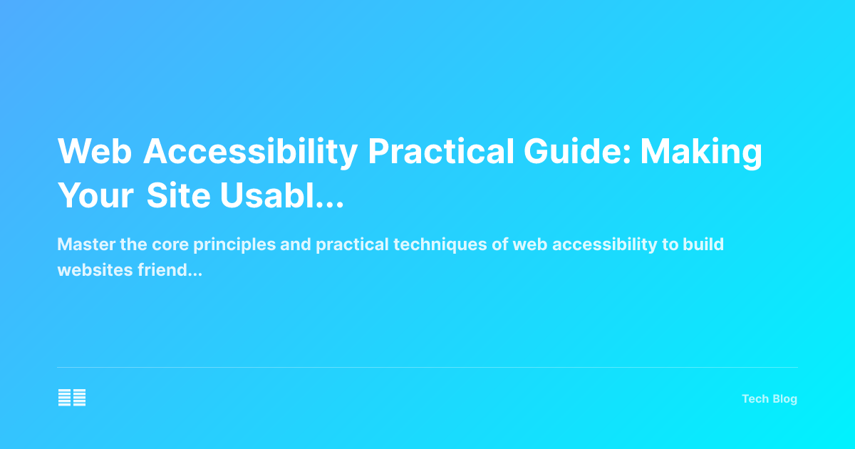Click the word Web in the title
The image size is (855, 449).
point(95,151)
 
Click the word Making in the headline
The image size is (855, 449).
point(702,151)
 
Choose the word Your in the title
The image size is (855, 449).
point(96,195)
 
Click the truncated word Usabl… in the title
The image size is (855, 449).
point(282,195)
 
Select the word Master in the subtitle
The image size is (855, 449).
point(81,244)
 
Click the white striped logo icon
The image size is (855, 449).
point(72,398)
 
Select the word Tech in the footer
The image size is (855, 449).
point(755,399)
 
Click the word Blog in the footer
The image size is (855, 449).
point(784,399)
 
